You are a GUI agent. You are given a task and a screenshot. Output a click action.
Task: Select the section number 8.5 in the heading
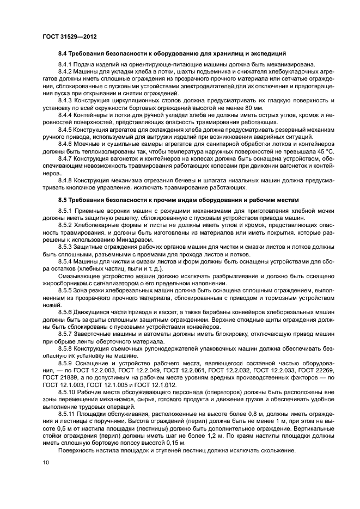(64, 200)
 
